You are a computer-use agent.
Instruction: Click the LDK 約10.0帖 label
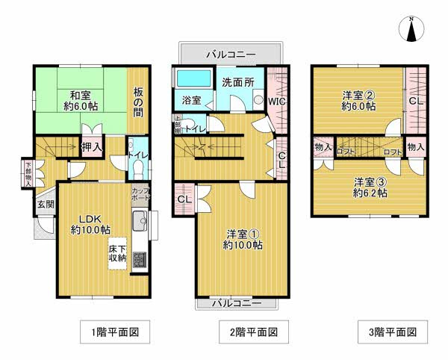pyautogui.click(x=90, y=224)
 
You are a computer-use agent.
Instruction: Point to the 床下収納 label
pyautogui.click(x=116, y=252)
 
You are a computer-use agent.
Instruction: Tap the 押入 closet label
pyautogui.click(x=93, y=147)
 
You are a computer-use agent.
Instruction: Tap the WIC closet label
pyautogui.click(x=277, y=100)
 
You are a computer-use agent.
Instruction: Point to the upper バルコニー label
pyautogui.click(x=232, y=56)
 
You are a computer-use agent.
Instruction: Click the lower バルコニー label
pyautogui.click(x=235, y=303)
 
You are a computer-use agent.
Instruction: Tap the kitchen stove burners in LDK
pyautogui.click(x=139, y=261)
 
